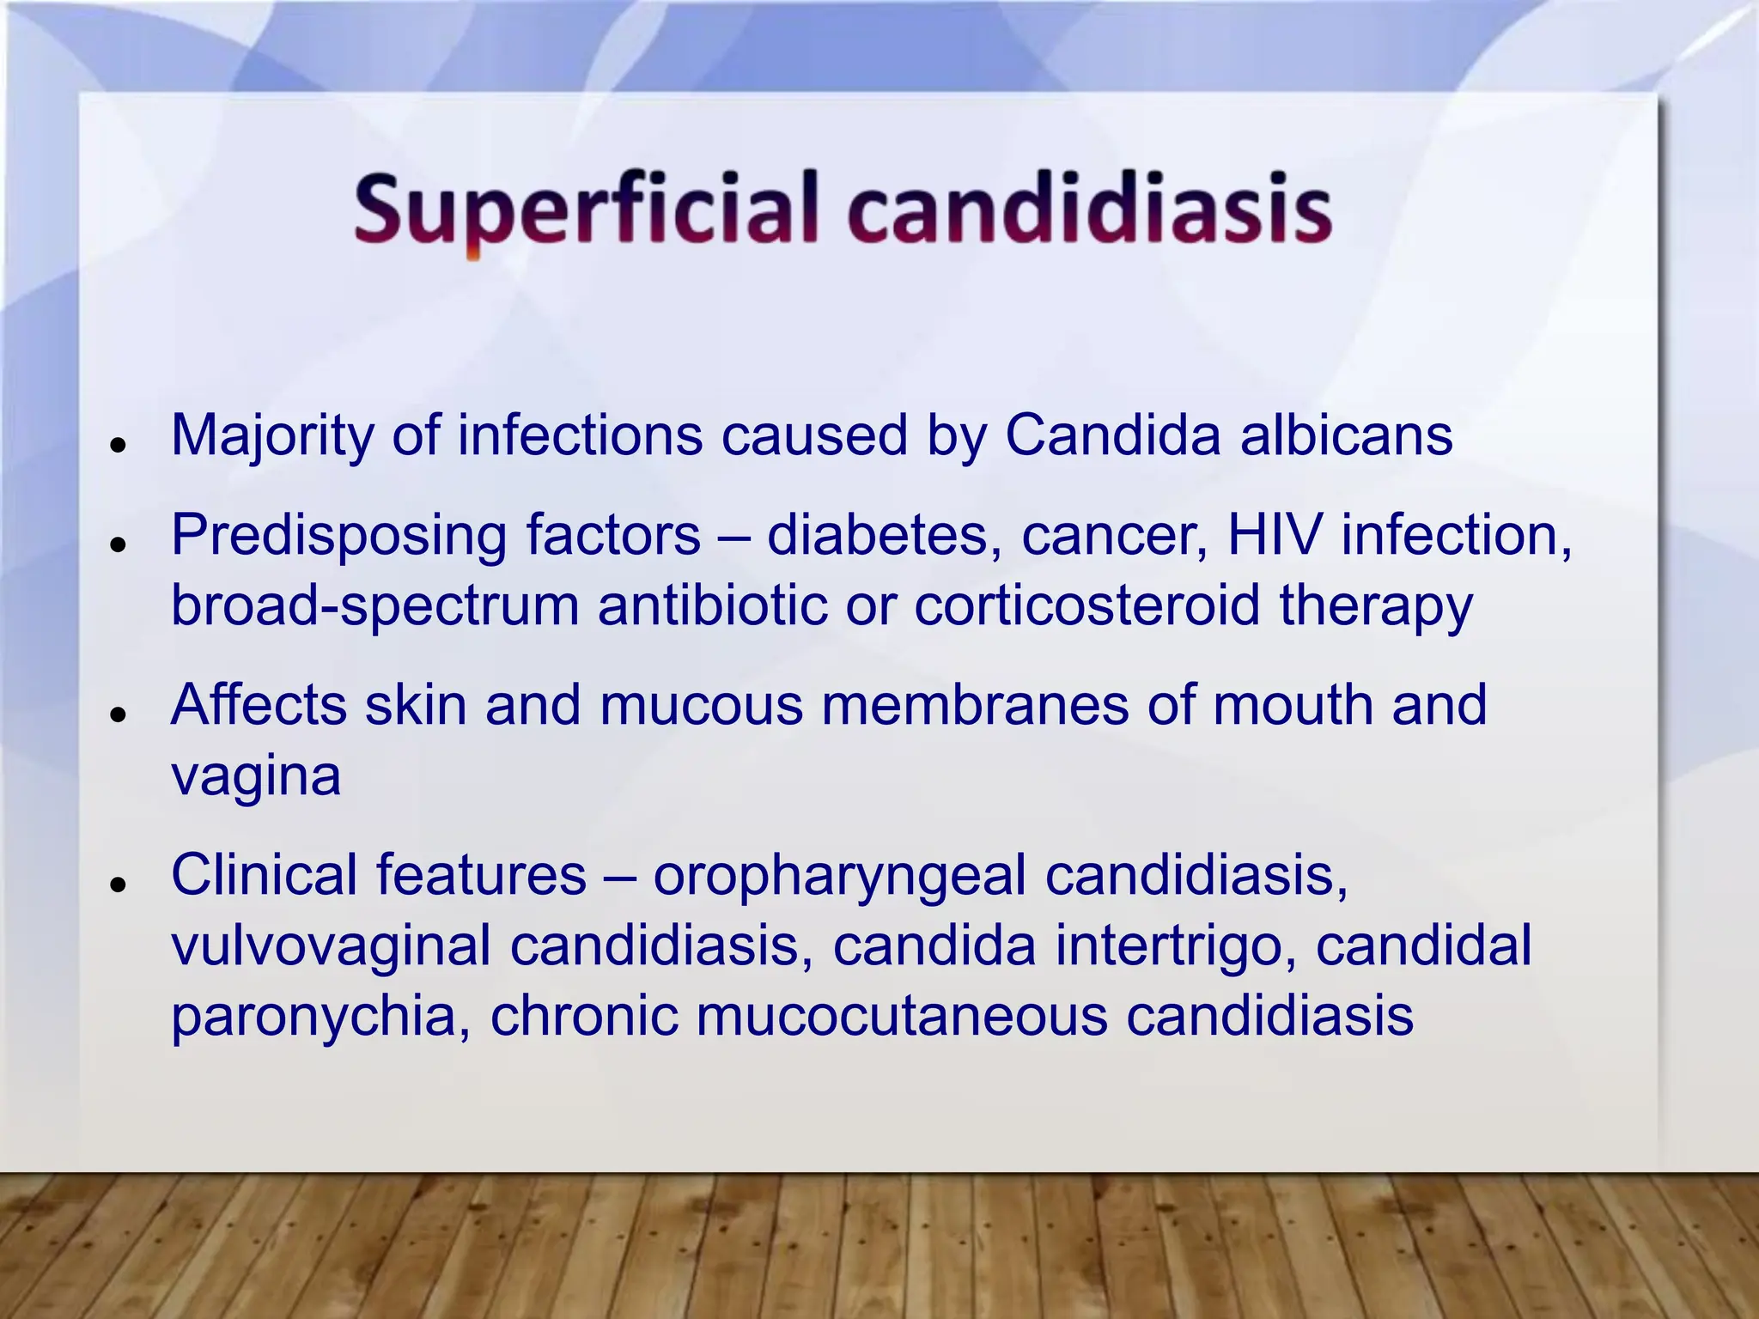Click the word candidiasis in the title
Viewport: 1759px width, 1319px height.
(1089, 209)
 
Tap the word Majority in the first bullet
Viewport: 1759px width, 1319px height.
(271, 436)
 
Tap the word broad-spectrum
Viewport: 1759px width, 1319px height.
(374, 606)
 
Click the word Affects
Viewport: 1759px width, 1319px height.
(258, 705)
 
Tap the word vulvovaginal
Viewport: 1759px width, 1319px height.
(331, 945)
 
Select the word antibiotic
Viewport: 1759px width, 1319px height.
(712, 605)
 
